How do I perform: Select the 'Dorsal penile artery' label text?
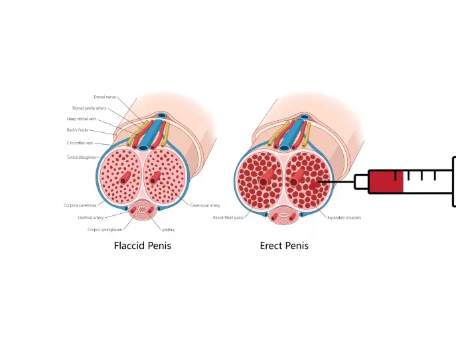click(90, 108)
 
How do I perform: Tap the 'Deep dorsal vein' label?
click(86, 119)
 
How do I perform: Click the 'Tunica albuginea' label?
click(81, 157)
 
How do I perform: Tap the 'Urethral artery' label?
click(90, 217)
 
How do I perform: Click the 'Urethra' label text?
click(168, 229)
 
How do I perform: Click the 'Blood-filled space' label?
click(227, 217)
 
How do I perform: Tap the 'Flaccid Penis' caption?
click(142, 246)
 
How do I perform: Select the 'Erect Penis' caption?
click(284, 246)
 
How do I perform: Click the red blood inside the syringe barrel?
click(386, 181)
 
